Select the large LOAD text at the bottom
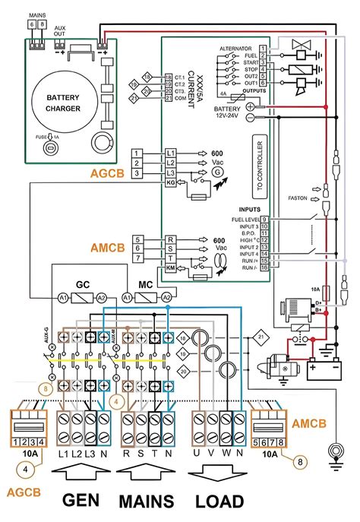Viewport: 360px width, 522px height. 220,501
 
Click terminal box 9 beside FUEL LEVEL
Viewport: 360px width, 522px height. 264,220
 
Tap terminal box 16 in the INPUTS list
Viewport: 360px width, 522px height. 264,267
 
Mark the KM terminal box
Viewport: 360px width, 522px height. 170,268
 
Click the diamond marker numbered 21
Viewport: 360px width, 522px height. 262,335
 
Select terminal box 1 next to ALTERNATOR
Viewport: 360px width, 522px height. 263,48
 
